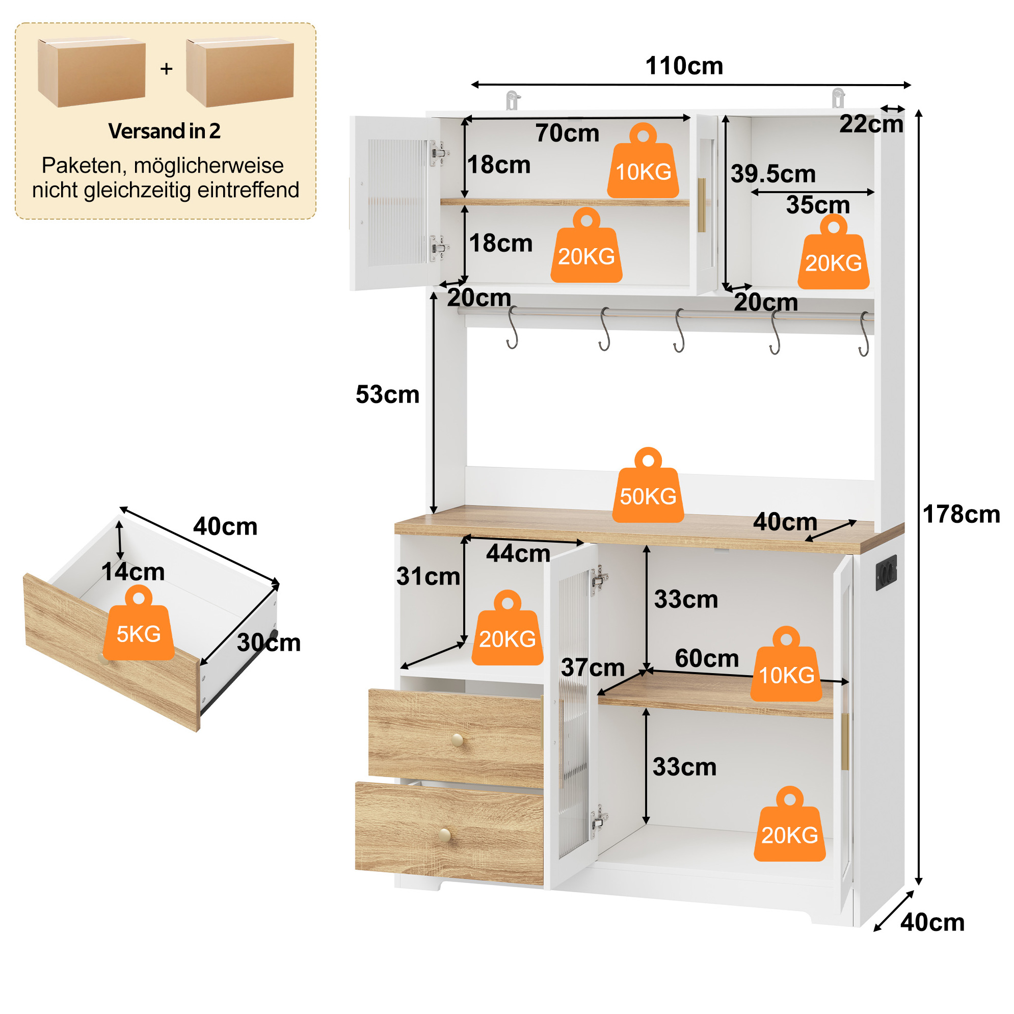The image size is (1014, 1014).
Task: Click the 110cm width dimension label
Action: click(684, 66)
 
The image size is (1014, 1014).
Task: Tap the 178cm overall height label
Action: click(961, 514)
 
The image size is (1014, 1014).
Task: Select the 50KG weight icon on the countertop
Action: click(648, 485)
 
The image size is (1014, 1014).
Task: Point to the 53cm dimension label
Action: click(387, 395)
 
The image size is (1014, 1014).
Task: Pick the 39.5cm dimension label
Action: click(773, 174)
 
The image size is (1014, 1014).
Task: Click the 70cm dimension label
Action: click(567, 134)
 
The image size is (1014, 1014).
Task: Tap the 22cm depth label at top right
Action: click(871, 124)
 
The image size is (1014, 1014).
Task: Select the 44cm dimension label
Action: click(518, 554)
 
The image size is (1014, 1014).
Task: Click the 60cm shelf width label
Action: click(707, 658)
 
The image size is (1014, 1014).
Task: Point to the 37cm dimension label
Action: click(593, 668)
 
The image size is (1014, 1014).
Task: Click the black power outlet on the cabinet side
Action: click(886, 573)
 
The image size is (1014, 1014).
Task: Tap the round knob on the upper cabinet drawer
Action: click(458, 740)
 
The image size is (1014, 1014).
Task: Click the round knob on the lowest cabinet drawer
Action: click(445, 835)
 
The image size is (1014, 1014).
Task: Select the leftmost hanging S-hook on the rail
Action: click(513, 329)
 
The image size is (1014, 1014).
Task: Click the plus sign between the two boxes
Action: click(167, 69)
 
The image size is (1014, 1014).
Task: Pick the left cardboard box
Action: click(91, 72)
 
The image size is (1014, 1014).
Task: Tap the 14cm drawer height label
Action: click(133, 572)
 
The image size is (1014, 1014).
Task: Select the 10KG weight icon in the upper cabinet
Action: click(643, 161)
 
